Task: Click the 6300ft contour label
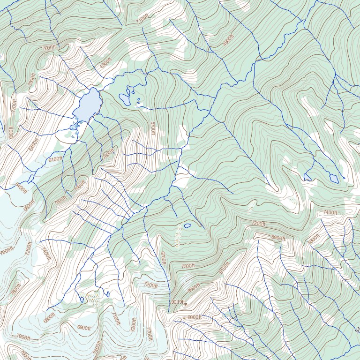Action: [106, 62]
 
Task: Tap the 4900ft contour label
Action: [228, 40]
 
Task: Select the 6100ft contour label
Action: [55, 159]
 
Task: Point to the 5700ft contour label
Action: [152, 128]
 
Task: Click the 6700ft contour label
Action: [163, 258]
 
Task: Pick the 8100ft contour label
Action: [225, 268]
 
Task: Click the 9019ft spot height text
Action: [178, 302]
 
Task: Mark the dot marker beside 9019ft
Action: [186, 304]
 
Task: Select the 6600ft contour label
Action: [49, 318]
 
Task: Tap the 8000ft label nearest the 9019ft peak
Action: [194, 317]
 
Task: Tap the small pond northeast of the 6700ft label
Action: [187, 226]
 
